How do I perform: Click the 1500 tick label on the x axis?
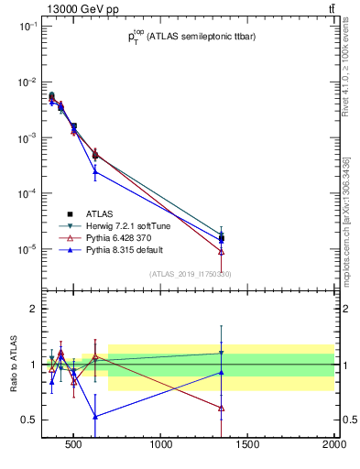(248, 446)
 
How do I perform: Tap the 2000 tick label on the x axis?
(333, 446)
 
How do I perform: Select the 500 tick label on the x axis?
(76, 446)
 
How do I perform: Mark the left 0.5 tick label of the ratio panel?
(29, 420)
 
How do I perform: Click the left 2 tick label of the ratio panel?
(33, 309)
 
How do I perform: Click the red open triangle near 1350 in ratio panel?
(222, 408)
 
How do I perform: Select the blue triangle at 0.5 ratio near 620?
(95, 416)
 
